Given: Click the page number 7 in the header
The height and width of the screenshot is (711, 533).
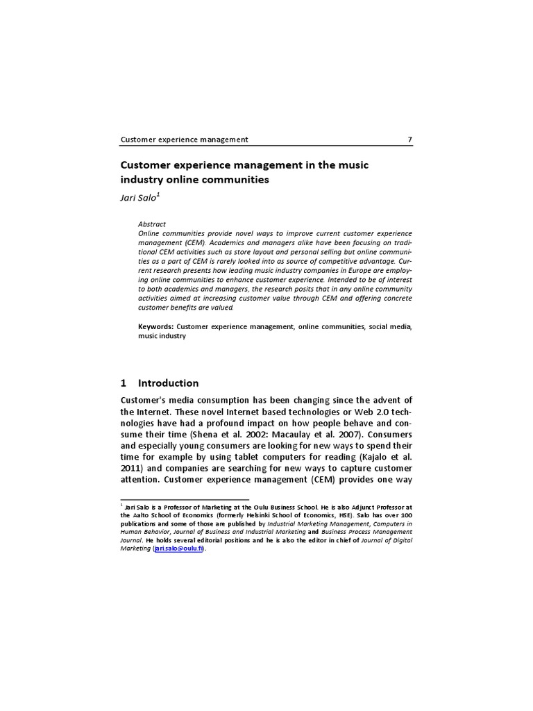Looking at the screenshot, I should click(409, 140).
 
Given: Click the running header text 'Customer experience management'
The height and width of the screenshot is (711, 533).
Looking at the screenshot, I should click(184, 140).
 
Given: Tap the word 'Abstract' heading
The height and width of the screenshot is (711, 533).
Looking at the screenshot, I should click(151, 224).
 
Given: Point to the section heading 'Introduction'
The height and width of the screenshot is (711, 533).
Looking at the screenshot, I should click(168, 383).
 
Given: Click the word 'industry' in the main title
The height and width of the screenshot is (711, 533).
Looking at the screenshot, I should click(142, 179).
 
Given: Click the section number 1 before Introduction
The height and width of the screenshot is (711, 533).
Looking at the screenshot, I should click(124, 383).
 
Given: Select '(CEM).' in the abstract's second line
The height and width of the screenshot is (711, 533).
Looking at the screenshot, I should click(196, 244).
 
